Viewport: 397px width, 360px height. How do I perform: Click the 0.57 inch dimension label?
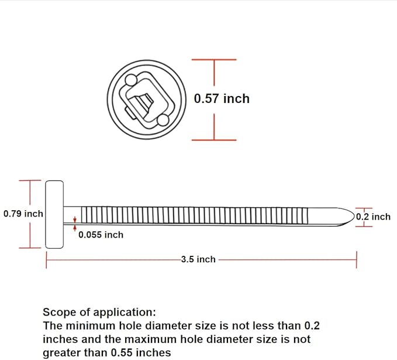click(x=222, y=98)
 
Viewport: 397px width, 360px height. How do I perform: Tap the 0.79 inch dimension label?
click(x=23, y=214)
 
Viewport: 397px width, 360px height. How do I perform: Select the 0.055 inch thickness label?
click(x=101, y=235)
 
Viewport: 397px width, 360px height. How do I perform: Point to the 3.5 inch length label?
click(x=198, y=259)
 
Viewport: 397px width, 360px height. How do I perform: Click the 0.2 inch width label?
click(x=373, y=217)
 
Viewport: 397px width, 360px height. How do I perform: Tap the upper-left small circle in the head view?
click(x=131, y=80)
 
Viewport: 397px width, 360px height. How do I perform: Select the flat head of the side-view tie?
click(x=54, y=214)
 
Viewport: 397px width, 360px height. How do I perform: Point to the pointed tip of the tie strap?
click(x=354, y=216)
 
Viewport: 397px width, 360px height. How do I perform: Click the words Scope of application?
click(x=99, y=312)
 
